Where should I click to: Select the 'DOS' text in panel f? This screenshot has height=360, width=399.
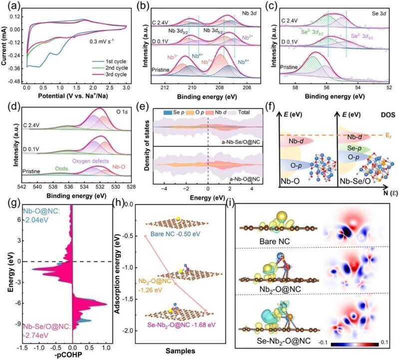pos(384,115)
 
